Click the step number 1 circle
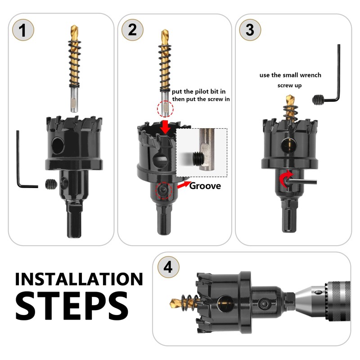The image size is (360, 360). click(23, 30)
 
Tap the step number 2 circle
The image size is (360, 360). click(132, 30)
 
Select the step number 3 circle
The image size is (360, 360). click(250, 30)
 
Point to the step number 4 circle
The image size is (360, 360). click(168, 267)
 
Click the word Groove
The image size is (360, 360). click(205, 186)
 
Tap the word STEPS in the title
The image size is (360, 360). click(72, 306)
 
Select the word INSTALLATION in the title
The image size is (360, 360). click(79, 279)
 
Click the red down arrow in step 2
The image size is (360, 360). click(165, 127)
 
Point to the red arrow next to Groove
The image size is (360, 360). click(184, 184)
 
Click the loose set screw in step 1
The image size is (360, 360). click(51, 184)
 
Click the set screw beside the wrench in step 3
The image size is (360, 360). click(318, 100)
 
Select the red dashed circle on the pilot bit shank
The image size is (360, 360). click(165, 109)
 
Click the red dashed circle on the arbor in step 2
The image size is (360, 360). click(164, 190)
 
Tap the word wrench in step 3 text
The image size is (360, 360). click(310, 75)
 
